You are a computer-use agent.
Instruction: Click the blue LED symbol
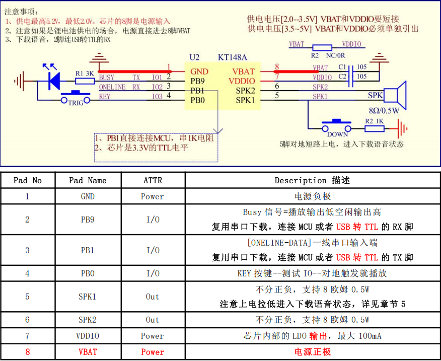coord(53,81)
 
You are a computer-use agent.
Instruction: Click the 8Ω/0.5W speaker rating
coord(384,110)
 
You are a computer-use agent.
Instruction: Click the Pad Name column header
coord(88,180)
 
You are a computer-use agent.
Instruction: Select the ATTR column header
coord(153,180)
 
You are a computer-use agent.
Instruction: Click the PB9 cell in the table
coord(88,220)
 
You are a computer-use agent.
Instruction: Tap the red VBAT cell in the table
coord(88,352)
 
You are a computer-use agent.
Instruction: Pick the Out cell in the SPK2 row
coord(153,320)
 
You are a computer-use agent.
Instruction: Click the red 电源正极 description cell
coord(313,352)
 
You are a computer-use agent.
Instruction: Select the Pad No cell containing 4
coord(27,273)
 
